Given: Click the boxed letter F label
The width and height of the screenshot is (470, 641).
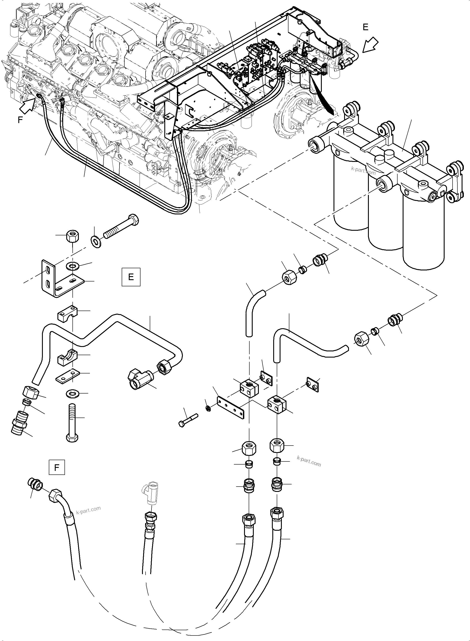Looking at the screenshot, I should coord(57,467).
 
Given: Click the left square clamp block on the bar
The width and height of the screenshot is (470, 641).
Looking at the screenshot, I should coord(249,387).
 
